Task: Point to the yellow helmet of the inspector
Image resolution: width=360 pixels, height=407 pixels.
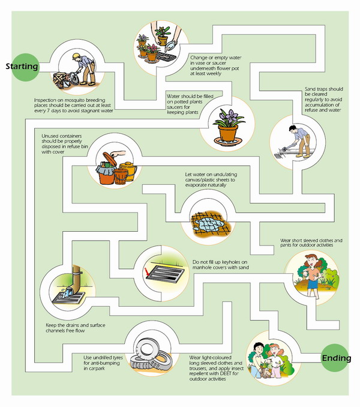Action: [76, 55]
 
